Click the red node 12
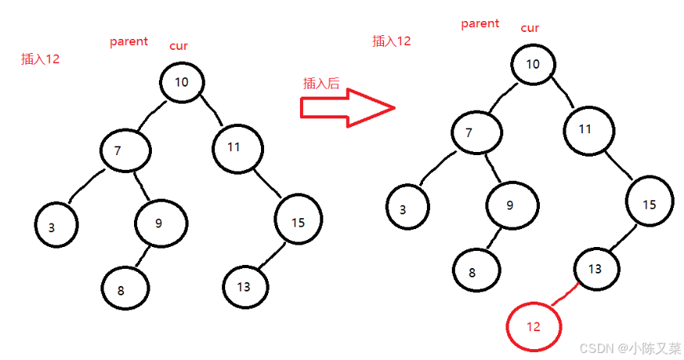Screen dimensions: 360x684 (534, 326)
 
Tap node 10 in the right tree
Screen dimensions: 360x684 (533, 64)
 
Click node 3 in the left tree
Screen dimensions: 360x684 (56, 227)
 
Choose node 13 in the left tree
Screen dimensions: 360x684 (245, 286)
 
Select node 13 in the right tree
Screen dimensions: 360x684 (596, 269)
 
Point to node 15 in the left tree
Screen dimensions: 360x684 (298, 222)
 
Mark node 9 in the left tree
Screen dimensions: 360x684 (159, 224)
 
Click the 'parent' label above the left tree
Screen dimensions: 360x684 (129, 41)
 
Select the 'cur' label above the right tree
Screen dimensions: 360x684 (530, 28)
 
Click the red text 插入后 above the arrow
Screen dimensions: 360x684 (321, 83)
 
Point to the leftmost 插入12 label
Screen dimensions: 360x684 (41, 58)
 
